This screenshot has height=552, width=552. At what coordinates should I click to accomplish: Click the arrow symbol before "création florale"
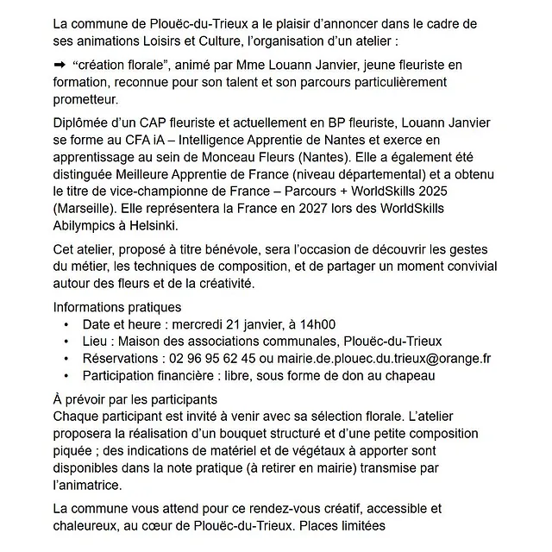[x=59, y=65]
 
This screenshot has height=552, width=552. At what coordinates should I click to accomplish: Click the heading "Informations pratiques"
[x=117, y=307]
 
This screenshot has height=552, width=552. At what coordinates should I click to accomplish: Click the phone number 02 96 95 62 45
[x=212, y=358]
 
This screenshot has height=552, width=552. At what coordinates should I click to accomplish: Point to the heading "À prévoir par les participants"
[x=147, y=400]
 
